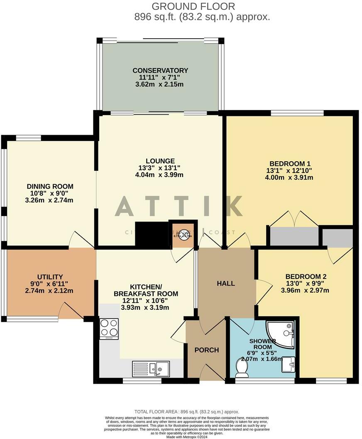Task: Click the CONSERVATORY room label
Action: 160,70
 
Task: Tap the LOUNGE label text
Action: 160,161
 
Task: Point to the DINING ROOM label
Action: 50,186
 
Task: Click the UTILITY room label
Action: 50,277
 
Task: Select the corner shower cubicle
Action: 281,334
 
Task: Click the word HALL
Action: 226,284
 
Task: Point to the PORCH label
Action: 207,350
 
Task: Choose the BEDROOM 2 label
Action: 305,276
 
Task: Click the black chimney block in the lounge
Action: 152,235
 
